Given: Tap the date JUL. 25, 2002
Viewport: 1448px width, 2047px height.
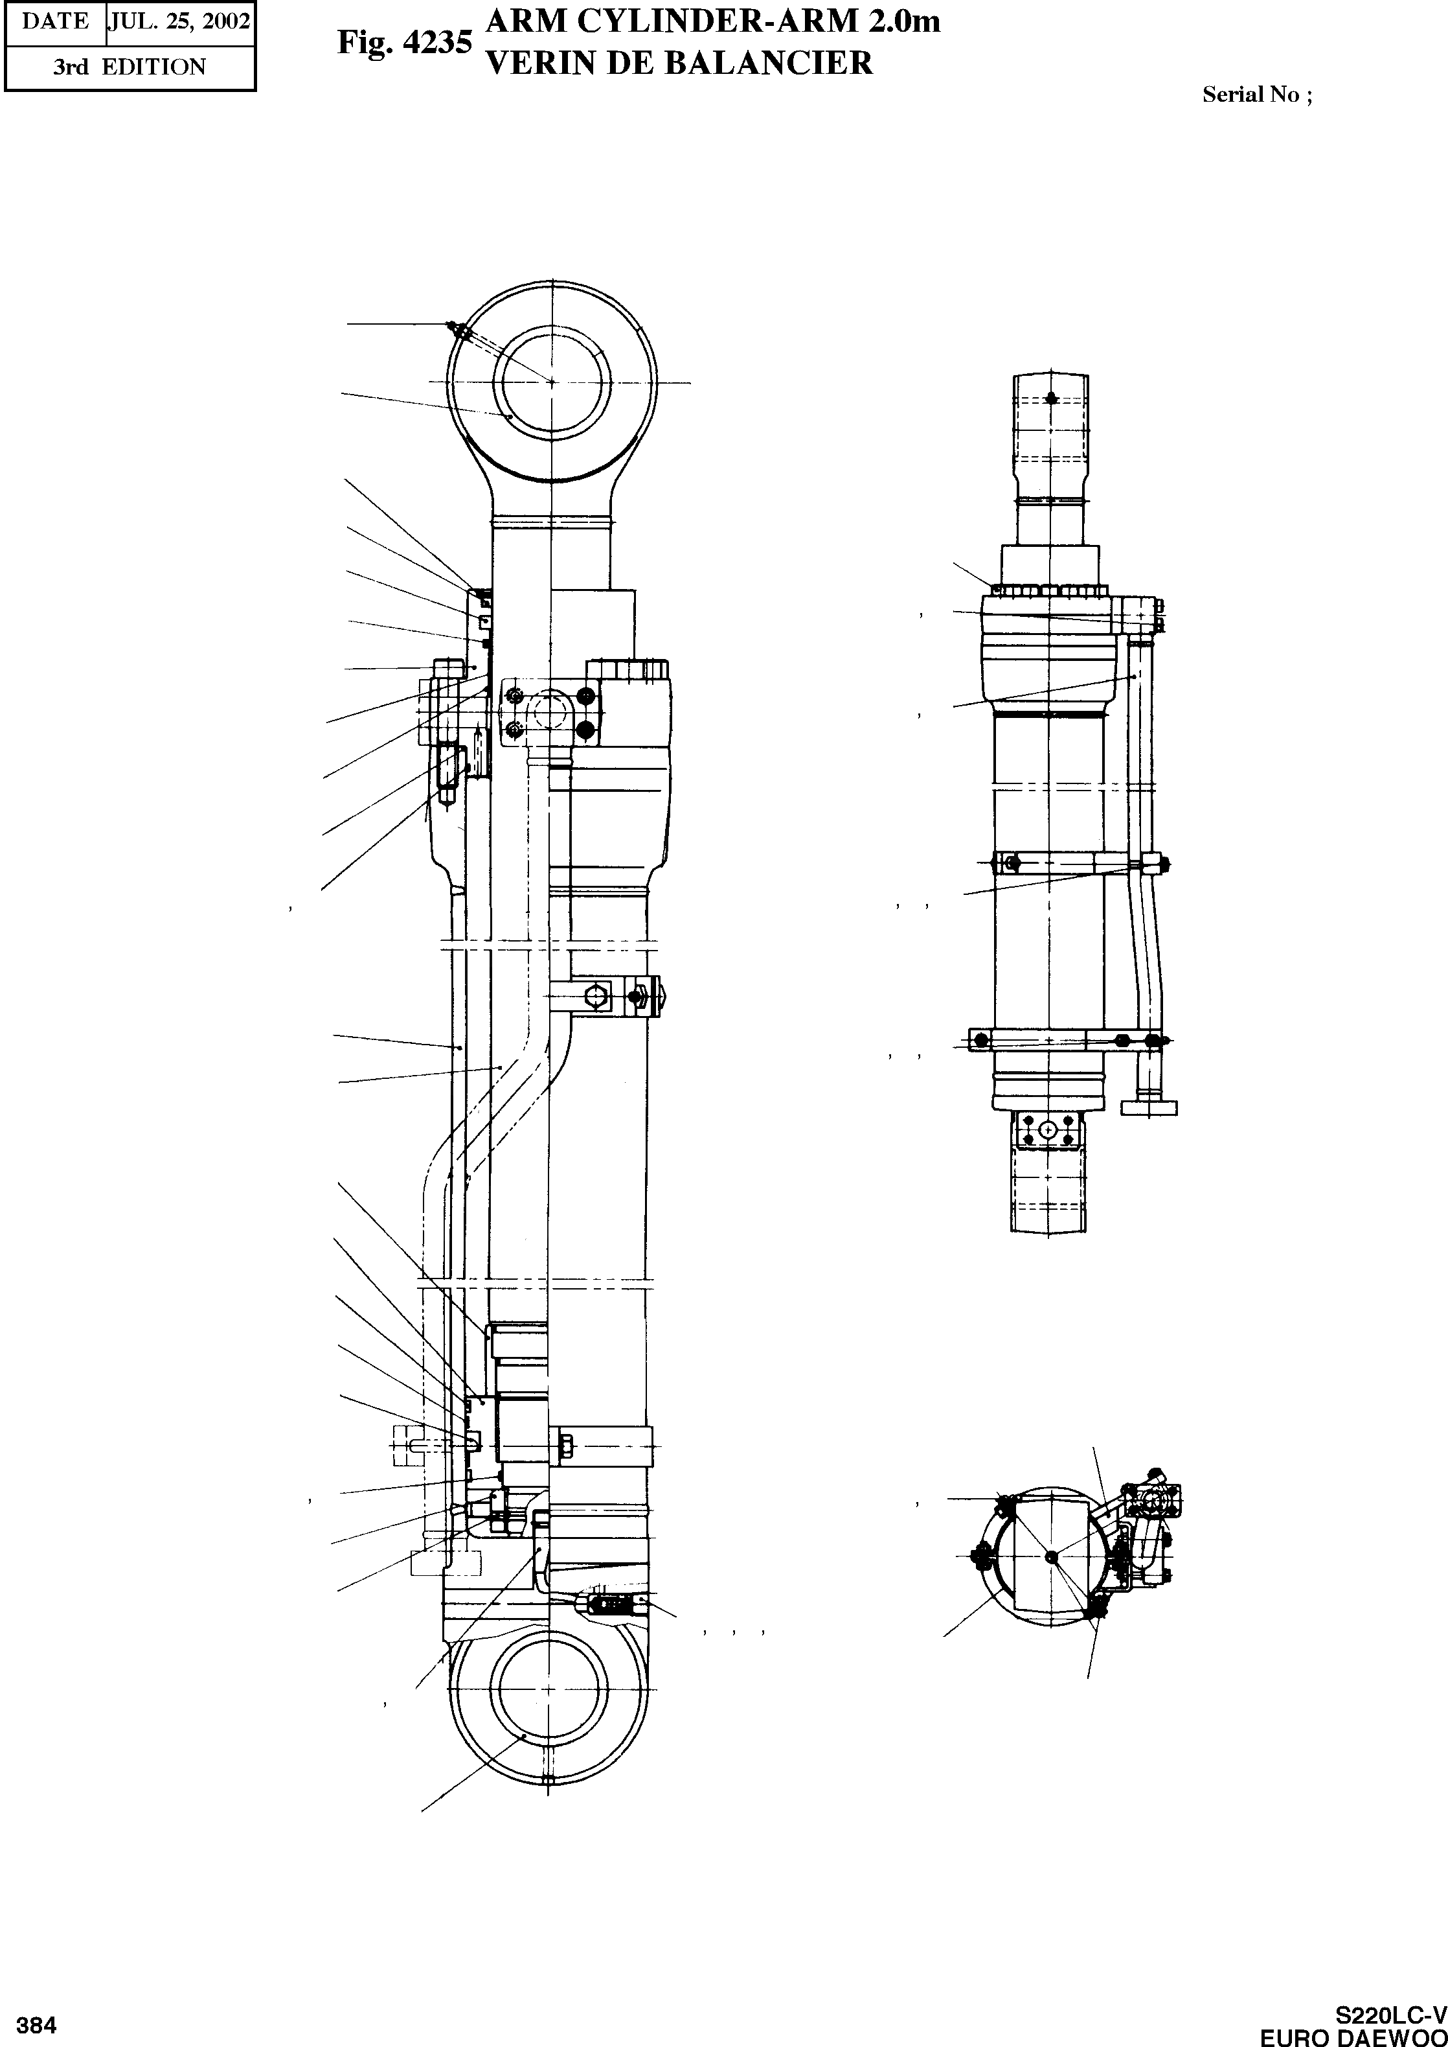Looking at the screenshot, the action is (x=179, y=21).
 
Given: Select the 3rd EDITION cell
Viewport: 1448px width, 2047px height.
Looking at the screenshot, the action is (x=130, y=67).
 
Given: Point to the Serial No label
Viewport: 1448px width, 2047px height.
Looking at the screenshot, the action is (x=1256, y=95).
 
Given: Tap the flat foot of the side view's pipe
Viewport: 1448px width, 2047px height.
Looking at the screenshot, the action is (x=1148, y=1108).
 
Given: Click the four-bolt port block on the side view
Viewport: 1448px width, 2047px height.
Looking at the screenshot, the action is (x=1048, y=1130).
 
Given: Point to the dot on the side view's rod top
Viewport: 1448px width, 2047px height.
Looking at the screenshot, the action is (x=1053, y=398).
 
